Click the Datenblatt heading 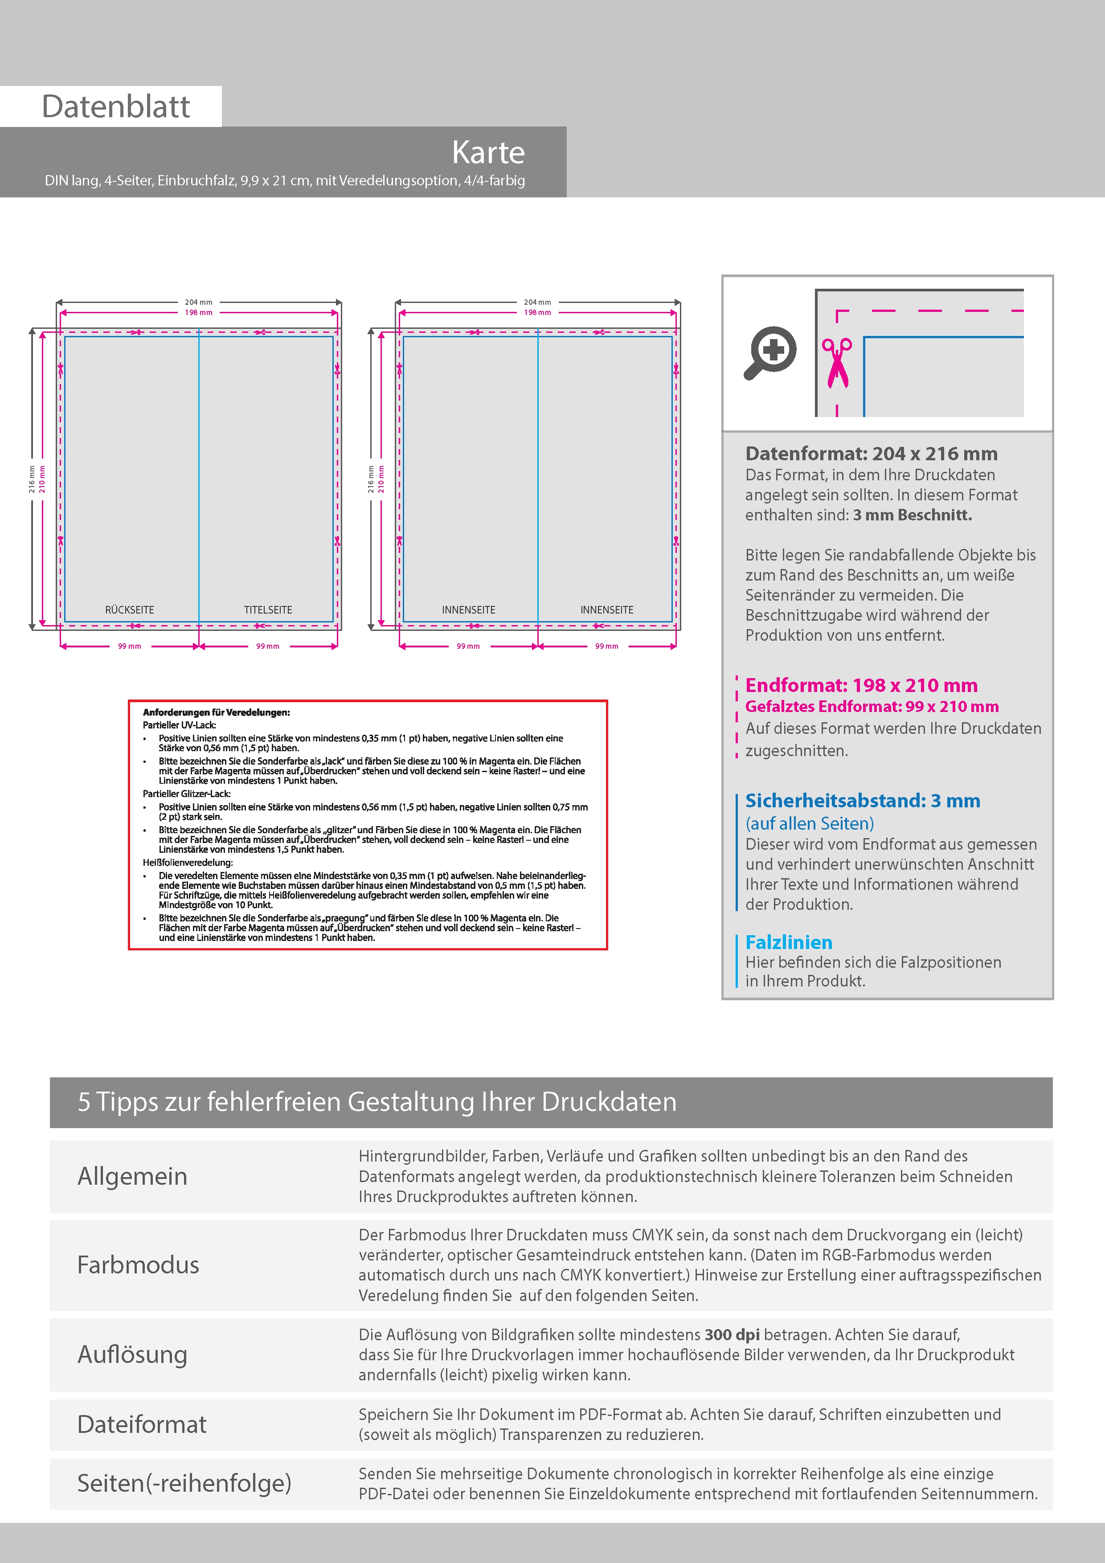(116, 106)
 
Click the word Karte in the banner (488, 152)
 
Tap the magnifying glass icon (770, 352)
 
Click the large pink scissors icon (837, 363)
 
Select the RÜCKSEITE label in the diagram (129, 610)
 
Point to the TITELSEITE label (268, 610)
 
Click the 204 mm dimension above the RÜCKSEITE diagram (198, 302)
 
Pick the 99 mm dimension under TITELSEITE (268, 646)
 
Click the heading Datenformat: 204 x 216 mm (871, 454)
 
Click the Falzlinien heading (788, 942)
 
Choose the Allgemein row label (132, 1176)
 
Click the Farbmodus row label (138, 1265)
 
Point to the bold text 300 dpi (732, 1335)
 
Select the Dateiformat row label (142, 1424)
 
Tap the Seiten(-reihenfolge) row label (184, 1483)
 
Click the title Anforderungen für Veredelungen (216, 713)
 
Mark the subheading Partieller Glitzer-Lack (187, 794)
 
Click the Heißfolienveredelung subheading (187, 863)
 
